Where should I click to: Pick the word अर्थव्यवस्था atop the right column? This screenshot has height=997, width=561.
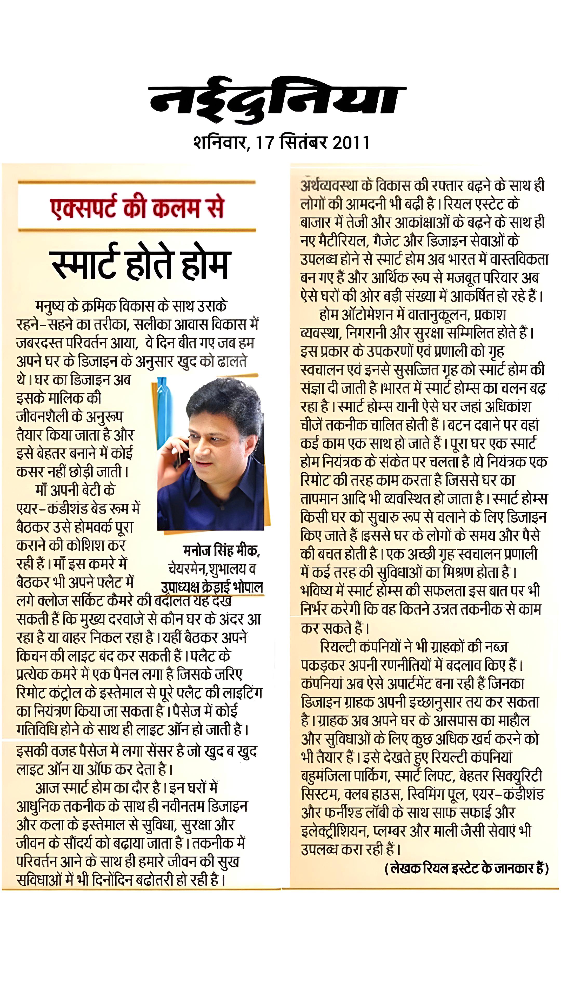pos(329,186)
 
